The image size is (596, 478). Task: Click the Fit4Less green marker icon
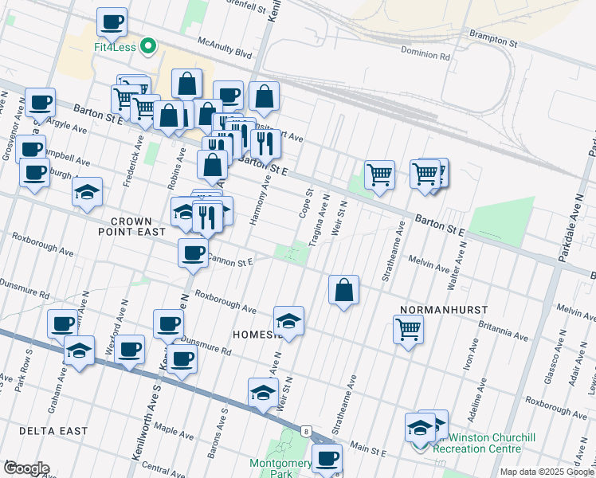pyautogui.click(x=147, y=47)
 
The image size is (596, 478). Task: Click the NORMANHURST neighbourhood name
pyautogui.click(x=445, y=308)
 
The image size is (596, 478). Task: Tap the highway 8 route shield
pyautogui.click(x=306, y=431)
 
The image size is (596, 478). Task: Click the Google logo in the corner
pyautogui.click(x=25, y=468)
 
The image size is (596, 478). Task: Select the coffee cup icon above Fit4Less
pyautogui.click(x=112, y=22)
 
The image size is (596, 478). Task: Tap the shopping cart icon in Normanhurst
pyautogui.click(x=408, y=328)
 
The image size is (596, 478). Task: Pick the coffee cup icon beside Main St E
pyautogui.click(x=327, y=459)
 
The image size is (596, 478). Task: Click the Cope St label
pyautogui.click(x=304, y=203)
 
